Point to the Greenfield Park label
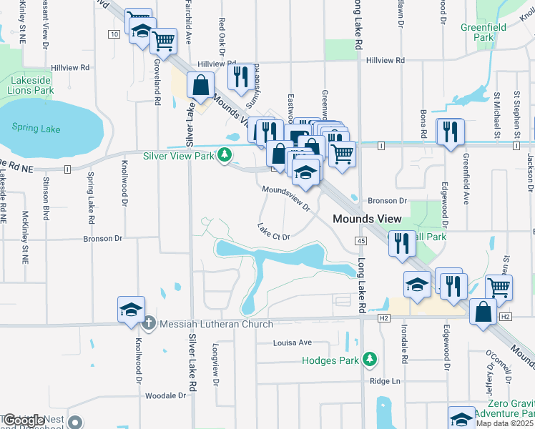click(483, 32)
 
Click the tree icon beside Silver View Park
click(225, 155)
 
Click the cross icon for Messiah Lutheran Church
click(149, 324)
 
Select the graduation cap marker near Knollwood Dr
click(132, 310)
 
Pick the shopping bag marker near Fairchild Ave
click(201, 85)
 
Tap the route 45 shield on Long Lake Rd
click(360, 242)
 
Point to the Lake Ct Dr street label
click(274, 232)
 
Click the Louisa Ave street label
click(293, 342)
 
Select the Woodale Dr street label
click(165, 395)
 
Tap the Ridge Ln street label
click(385, 381)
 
